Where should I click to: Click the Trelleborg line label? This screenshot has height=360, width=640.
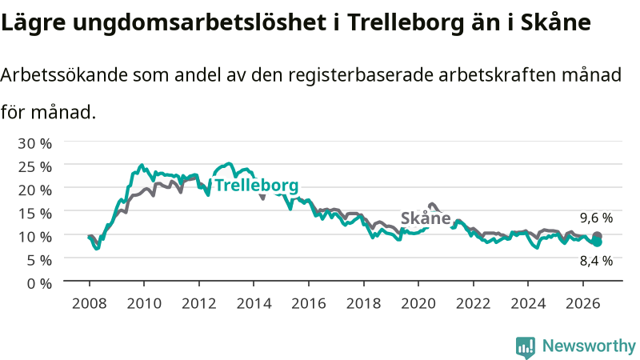(x=257, y=186)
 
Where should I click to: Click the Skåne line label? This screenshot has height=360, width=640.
(x=426, y=218)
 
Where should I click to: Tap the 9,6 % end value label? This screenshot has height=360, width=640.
(x=596, y=218)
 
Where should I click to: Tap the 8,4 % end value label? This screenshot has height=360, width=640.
(x=596, y=261)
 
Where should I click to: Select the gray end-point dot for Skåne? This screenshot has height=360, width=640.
(x=597, y=235)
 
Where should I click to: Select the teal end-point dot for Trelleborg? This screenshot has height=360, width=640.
(x=598, y=242)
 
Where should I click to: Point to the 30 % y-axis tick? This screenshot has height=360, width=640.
(x=34, y=143)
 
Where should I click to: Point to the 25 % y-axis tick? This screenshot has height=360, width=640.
(x=34, y=166)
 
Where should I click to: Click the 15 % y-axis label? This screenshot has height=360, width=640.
(x=34, y=214)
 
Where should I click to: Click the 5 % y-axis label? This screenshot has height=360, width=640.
(x=39, y=260)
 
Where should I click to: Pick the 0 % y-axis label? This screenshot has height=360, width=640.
(x=39, y=283)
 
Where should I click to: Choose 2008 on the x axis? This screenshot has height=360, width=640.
(x=90, y=303)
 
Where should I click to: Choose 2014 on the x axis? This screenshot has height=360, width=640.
(x=254, y=303)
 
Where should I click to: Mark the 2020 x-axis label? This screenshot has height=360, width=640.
(x=418, y=303)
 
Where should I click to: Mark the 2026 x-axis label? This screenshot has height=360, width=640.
(x=583, y=303)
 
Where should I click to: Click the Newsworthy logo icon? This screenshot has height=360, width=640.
(x=526, y=346)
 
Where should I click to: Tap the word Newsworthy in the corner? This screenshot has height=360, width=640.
(x=589, y=346)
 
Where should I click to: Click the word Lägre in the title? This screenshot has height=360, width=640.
(x=33, y=23)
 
